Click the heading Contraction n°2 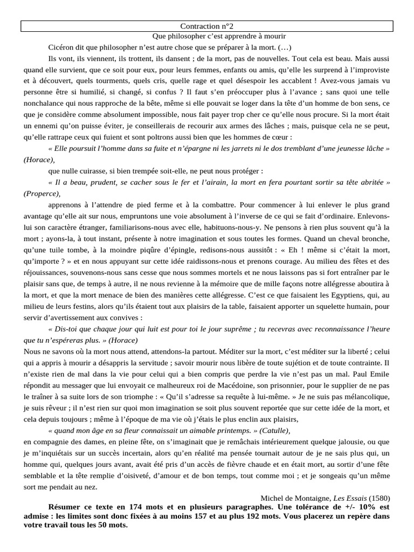pos(207,26)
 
